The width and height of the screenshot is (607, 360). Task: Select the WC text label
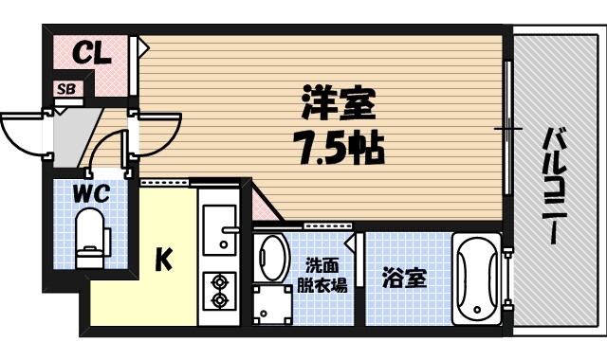coord(92,194)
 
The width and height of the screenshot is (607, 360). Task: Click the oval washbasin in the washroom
coord(273,257)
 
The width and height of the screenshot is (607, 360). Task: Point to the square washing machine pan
coord(273,305)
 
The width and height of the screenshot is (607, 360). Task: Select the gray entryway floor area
coord(76,133)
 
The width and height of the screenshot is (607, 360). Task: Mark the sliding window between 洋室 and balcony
coord(509,128)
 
